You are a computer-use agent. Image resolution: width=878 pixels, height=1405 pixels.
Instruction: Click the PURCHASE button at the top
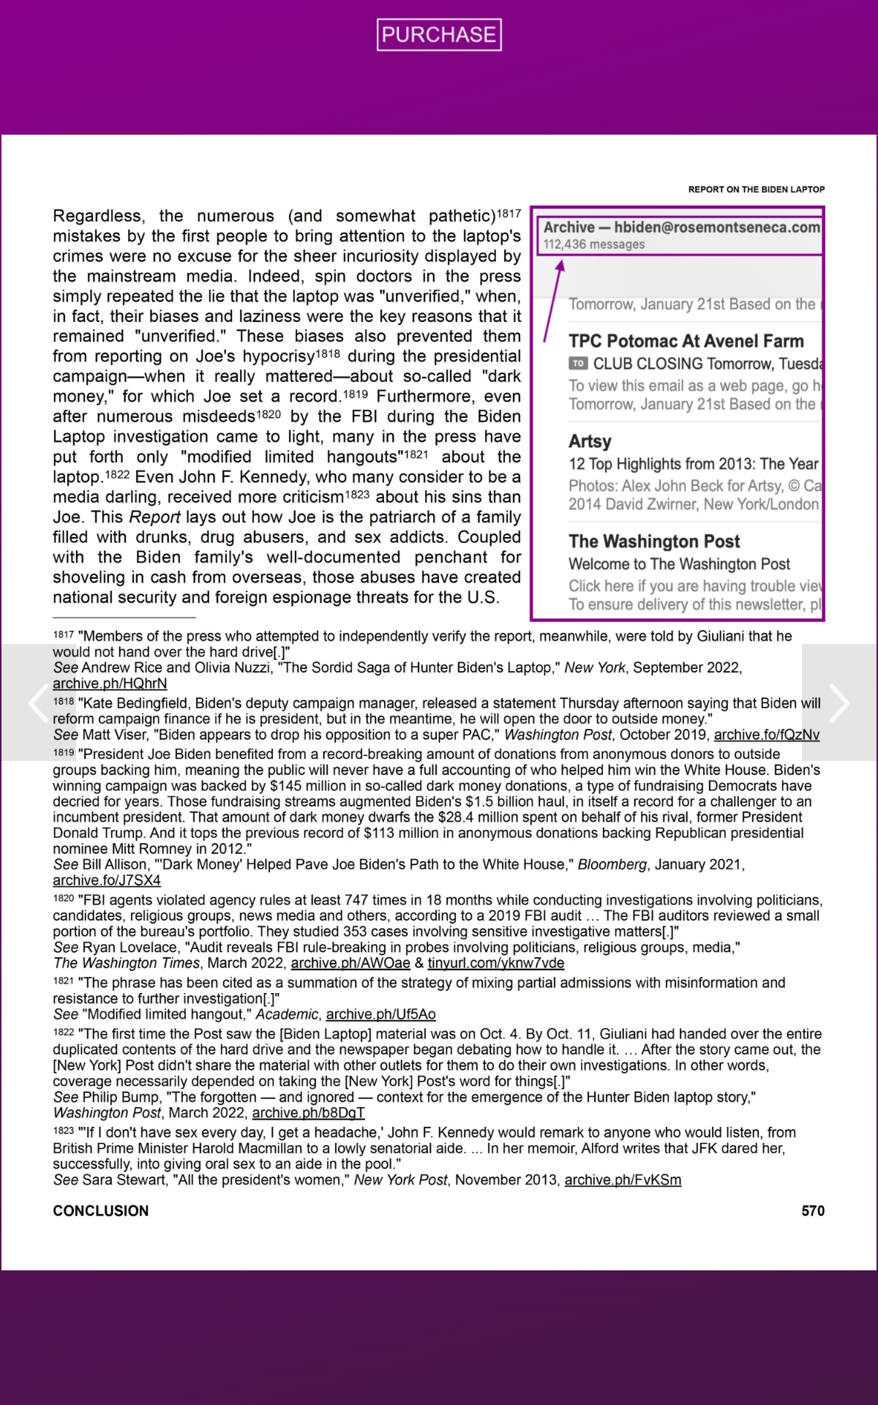(439, 34)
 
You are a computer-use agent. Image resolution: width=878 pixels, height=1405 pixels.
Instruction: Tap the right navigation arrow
(838, 702)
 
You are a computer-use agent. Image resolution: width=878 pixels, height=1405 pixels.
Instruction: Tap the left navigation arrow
(37, 702)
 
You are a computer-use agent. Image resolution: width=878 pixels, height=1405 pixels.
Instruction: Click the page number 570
(813, 1211)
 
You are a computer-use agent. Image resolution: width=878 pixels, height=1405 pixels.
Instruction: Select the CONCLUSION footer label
(101, 1211)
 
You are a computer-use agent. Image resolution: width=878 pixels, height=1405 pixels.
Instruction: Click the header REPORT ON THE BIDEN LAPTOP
(756, 190)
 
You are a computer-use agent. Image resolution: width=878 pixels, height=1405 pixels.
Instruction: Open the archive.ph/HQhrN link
(110, 683)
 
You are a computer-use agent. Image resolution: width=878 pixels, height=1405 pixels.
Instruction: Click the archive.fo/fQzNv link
(766, 735)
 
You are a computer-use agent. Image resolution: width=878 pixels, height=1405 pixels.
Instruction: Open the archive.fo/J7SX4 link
(107, 880)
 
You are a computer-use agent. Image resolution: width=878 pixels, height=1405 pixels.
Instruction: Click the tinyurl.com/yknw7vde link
(496, 963)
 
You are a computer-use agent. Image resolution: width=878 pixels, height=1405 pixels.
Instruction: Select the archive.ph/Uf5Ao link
(380, 1014)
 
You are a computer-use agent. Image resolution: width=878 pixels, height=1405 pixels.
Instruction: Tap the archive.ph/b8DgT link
(308, 1113)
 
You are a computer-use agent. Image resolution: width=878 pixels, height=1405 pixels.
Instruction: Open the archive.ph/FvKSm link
(623, 1180)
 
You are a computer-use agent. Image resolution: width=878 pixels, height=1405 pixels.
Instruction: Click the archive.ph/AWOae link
(350, 963)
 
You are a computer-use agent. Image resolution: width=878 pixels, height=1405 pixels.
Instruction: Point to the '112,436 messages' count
(594, 244)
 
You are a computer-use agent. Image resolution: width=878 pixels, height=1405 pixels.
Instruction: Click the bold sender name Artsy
(590, 441)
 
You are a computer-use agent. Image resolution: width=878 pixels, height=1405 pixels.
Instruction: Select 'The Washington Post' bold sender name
(654, 542)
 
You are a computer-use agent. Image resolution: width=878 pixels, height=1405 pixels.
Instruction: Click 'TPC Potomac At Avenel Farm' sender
(686, 341)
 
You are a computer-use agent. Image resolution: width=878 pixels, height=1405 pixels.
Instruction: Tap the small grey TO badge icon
(578, 364)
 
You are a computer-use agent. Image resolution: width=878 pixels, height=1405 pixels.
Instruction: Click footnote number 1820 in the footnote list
(64, 899)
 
